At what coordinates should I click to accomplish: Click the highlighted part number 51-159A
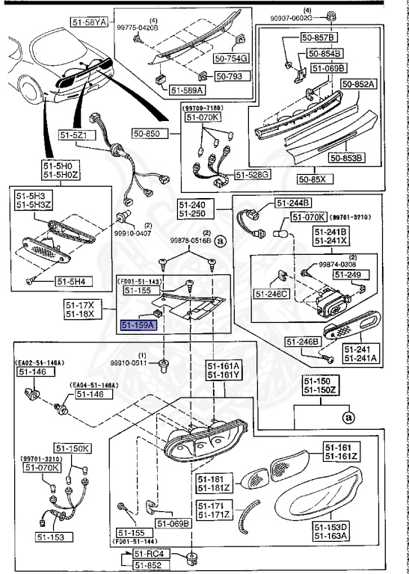pos(138,325)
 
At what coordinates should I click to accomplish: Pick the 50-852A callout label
pos(360,84)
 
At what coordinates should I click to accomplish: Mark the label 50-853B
pos(346,158)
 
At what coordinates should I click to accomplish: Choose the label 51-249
pos(348,275)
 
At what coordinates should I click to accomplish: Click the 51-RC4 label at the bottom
pos(148,553)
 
